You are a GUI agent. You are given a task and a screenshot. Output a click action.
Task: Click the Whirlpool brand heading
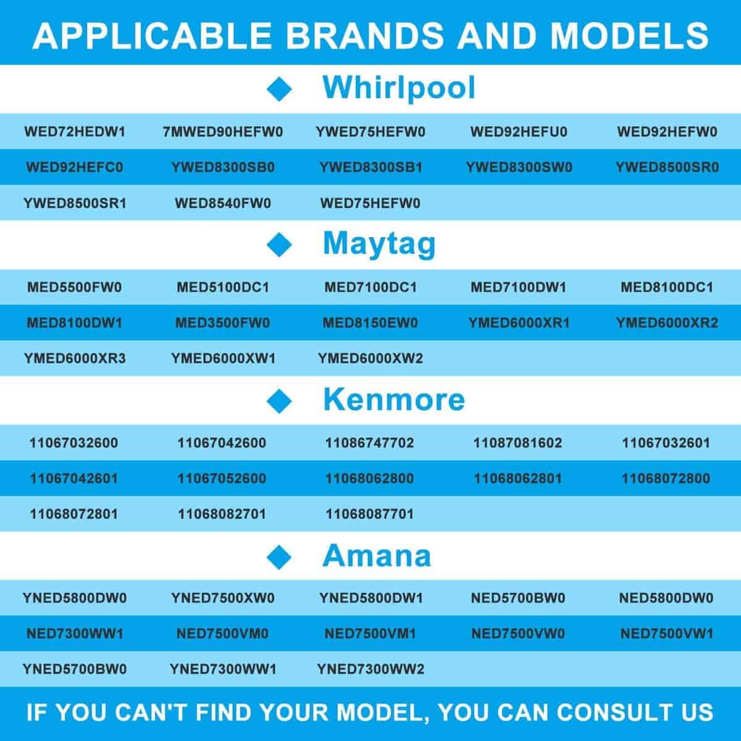point(399,88)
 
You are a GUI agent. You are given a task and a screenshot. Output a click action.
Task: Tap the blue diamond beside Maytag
point(279,245)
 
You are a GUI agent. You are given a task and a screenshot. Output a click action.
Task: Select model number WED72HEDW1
point(75,132)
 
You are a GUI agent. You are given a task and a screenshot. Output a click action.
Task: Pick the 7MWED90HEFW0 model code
point(223,132)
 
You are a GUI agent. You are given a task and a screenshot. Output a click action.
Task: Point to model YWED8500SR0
point(667,167)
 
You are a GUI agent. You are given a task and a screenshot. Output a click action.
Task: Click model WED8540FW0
point(223,203)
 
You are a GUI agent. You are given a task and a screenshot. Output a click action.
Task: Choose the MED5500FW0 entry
point(75,287)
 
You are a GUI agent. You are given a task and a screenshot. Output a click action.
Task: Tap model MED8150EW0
point(371,322)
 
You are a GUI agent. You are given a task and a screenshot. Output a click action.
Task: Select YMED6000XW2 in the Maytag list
point(371,358)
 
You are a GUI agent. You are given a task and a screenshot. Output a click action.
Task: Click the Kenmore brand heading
point(394,400)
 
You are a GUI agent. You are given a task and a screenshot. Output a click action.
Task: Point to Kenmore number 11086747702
point(369,443)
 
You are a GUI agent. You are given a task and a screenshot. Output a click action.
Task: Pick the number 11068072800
point(666,479)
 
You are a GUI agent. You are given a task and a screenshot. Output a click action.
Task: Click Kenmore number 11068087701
point(369,514)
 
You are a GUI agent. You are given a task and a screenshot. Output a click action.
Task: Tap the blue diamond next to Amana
point(279,557)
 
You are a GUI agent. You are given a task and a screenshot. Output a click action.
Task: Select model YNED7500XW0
point(223,598)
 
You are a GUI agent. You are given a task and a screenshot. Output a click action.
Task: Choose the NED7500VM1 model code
point(371,634)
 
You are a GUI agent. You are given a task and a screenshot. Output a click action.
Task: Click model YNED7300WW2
point(371,669)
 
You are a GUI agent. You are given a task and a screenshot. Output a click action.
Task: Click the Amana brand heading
point(377,556)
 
